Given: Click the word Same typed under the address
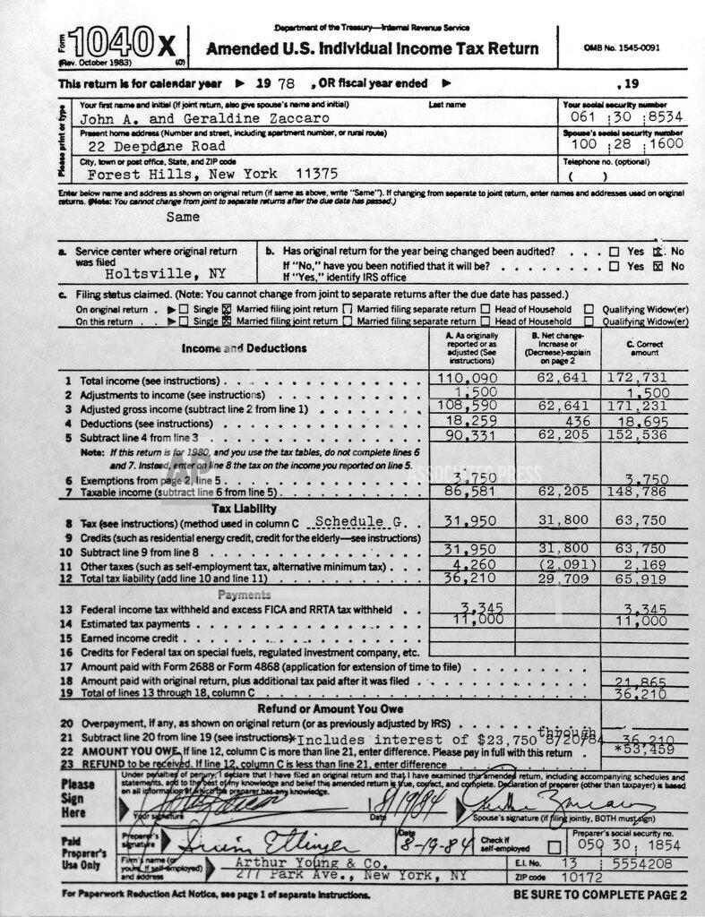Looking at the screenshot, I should tap(183, 217).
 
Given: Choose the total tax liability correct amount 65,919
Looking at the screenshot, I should tap(641, 579).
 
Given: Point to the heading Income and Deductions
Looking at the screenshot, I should tap(244, 348).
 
